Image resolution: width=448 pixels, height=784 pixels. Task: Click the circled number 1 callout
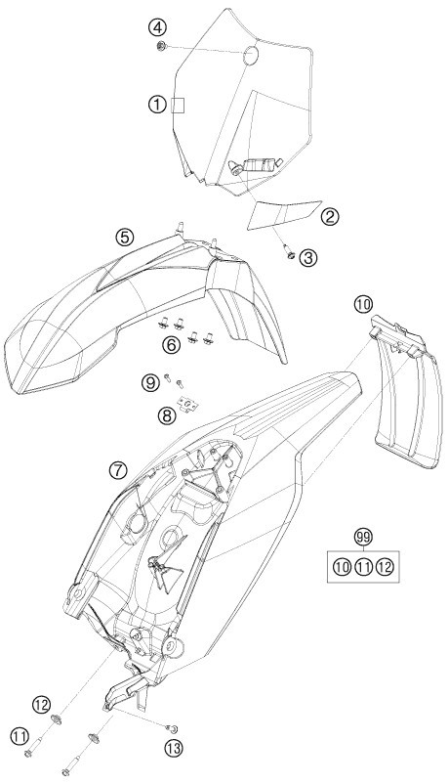pos(157,105)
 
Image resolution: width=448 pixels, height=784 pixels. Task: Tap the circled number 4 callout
pos(157,28)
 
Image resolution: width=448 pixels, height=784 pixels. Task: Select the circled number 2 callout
pos(330,216)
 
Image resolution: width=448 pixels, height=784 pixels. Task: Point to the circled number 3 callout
pos(308,257)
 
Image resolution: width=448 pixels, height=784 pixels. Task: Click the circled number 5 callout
pos(124,237)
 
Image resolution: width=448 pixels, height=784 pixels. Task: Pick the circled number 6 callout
pos(172,344)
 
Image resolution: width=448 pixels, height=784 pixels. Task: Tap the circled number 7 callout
pos(118,469)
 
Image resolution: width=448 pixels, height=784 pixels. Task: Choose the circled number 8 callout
pos(167,414)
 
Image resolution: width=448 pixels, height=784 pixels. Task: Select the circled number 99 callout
pos(364,538)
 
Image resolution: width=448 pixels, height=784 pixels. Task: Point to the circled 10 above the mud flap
pos(364,303)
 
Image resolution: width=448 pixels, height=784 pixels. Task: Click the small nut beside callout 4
pos(161,47)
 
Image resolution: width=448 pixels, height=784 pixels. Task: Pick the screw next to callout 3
pos(289,251)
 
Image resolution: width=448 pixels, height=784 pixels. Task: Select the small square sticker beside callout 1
pos(178,106)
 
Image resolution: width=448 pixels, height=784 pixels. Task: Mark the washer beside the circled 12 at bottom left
pos(58,719)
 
